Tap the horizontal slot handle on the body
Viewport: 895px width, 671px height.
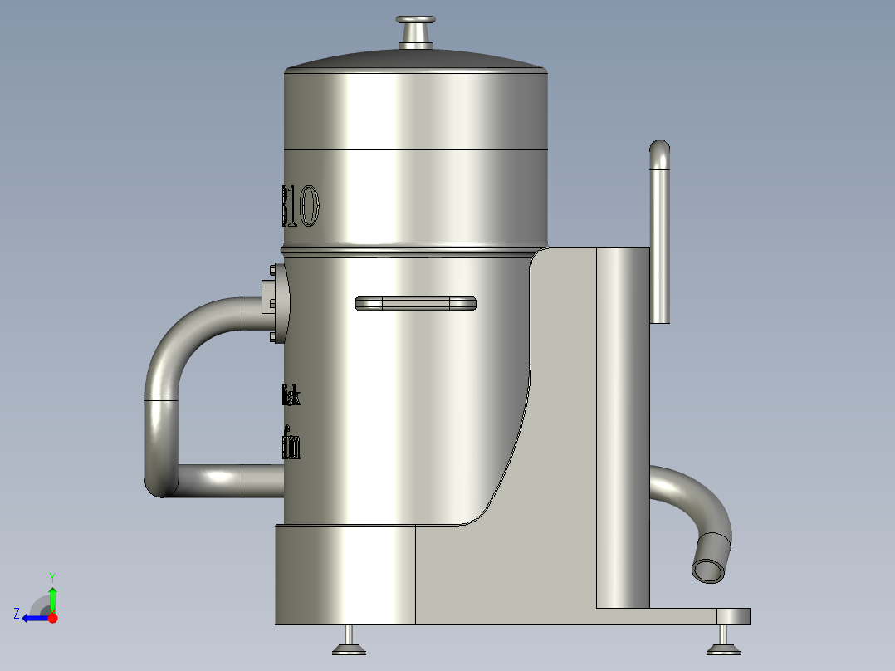[x=415, y=303]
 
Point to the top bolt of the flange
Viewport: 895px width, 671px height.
[x=273, y=270]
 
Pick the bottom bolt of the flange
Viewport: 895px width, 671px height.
[x=273, y=337]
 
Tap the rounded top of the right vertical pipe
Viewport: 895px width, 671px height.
[x=659, y=151]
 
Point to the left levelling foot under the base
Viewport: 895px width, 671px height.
[x=349, y=644]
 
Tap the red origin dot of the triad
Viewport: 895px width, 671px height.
[x=53, y=618]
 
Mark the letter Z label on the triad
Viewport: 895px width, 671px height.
[x=17, y=613]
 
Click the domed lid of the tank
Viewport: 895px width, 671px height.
[x=415, y=60]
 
